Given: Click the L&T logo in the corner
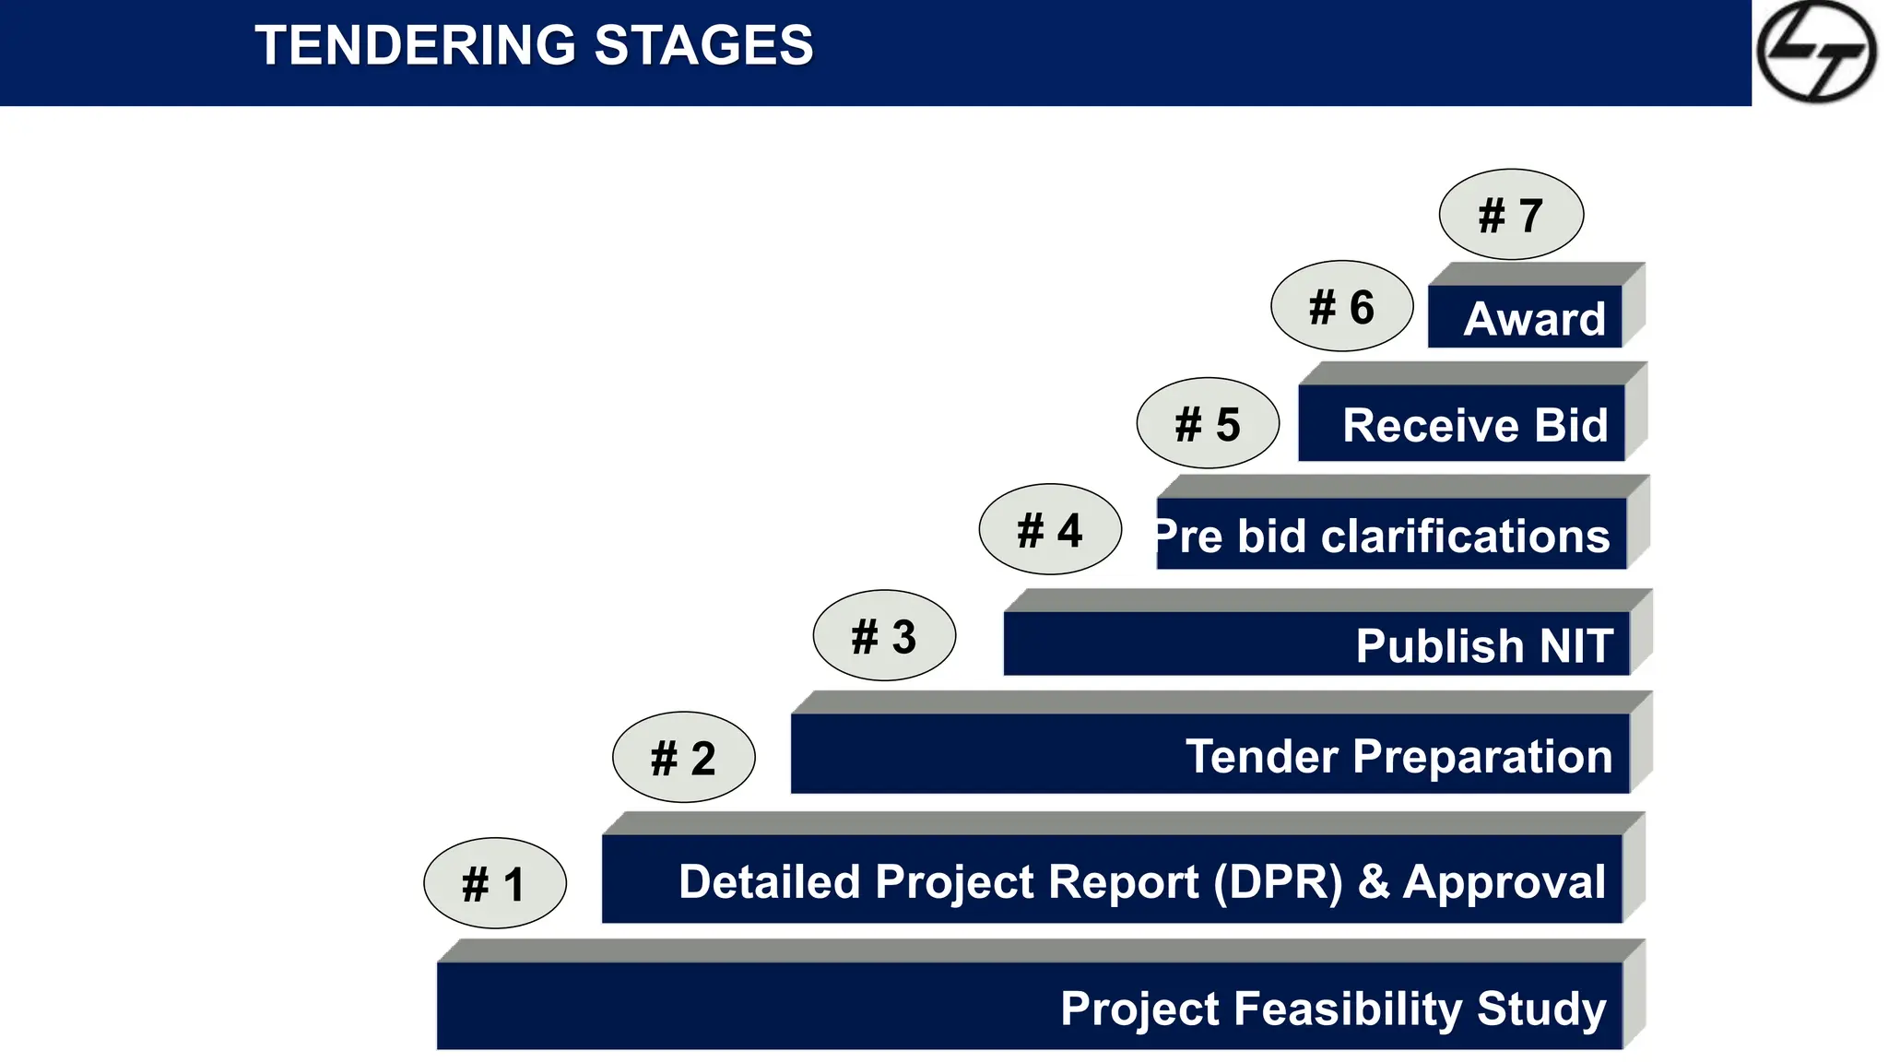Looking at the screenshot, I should (x=1815, y=52).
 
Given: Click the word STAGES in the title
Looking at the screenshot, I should (x=703, y=46).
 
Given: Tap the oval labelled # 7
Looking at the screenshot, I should (x=1511, y=215).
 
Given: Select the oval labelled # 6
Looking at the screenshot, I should (x=1341, y=306).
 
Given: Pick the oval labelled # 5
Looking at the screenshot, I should (x=1208, y=424).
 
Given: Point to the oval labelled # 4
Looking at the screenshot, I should (x=1050, y=530).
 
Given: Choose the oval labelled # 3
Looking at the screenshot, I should (x=884, y=636).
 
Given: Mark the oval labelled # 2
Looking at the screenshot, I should (x=683, y=758).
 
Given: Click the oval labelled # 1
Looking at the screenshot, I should (x=494, y=884).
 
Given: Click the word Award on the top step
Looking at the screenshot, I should (x=1534, y=320).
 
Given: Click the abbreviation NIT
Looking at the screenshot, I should (x=1576, y=646).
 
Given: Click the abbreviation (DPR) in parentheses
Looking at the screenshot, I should (x=1278, y=882).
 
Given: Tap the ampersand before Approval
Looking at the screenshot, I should (x=1373, y=882).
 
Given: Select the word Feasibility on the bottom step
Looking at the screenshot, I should (x=1347, y=1009).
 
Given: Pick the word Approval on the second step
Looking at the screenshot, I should (x=1504, y=882).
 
